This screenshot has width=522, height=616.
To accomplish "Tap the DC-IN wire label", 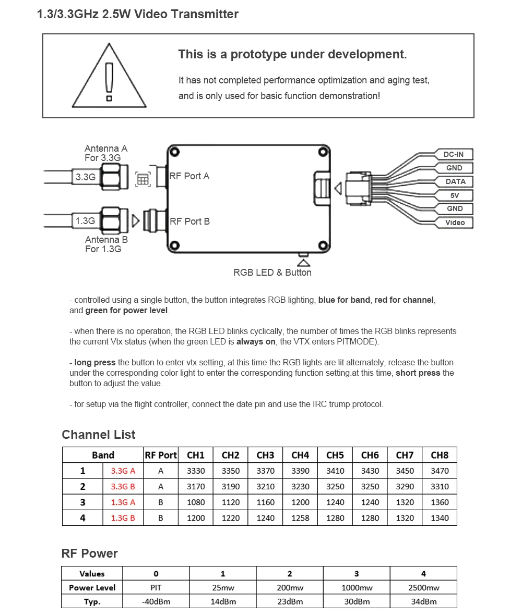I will pyautogui.click(x=454, y=154).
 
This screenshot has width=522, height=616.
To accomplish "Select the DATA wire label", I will pyautogui.click(x=455, y=181).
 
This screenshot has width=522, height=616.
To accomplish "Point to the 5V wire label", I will pyautogui.click(x=455, y=195).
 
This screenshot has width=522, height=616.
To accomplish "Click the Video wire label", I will pyautogui.click(x=455, y=223).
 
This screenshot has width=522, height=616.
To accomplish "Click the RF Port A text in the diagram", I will pyautogui.click(x=189, y=176).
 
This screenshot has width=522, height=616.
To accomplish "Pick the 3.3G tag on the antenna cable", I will pyautogui.click(x=86, y=177).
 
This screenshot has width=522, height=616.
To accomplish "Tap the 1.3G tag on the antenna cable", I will pyautogui.click(x=85, y=221).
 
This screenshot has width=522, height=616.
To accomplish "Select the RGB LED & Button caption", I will pyautogui.click(x=272, y=273).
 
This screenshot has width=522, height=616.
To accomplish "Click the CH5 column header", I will pyautogui.click(x=335, y=455).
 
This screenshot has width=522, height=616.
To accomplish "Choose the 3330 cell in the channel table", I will pyautogui.click(x=196, y=471).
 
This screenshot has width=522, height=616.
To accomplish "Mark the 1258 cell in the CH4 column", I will pyautogui.click(x=300, y=518).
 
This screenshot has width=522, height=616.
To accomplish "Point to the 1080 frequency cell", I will pyautogui.click(x=196, y=502).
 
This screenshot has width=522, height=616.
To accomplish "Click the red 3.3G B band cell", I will pyautogui.click(x=123, y=487).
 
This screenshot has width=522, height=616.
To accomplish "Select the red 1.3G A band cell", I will pyautogui.click(x=123, y=502).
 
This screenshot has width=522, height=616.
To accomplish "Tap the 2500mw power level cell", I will pyautogui.click(x=423, y=588).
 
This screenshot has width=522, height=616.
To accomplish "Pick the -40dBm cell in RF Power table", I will pyautogui.click(x=156, y=601).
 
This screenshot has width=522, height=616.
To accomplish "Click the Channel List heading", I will pyautogui.click(x=99, y=435).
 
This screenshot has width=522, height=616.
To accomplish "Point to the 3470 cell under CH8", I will pyautogui.click(x=440, y=471).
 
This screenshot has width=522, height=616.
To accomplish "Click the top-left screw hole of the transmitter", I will pyautogui.click(x=175, y=152).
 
